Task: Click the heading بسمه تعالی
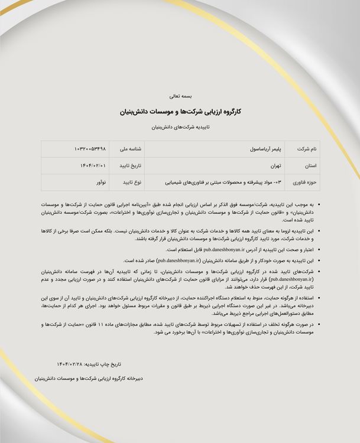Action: click(180, 95)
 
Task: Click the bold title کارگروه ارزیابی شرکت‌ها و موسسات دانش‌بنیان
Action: click(180, 110)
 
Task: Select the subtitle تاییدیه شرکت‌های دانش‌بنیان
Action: click(180, 127)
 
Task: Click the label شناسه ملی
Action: click(131, 149)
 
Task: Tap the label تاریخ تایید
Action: click(130, 166)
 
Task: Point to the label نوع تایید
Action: click(131, 183)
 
